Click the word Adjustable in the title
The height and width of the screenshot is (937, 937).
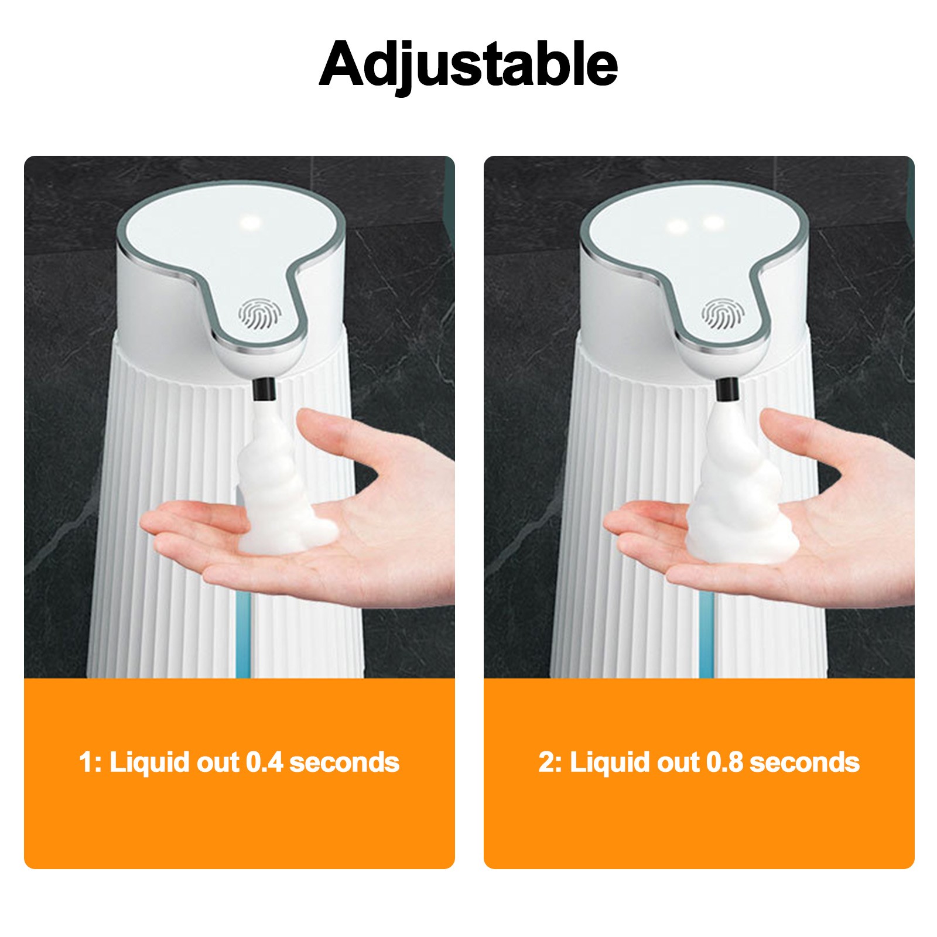(x=468, y=64)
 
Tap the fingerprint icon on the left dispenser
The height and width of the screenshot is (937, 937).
(x=259, y=314)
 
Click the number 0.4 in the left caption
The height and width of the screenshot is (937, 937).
(x=264, y=762)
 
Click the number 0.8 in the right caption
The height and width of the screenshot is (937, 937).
(x=724, y=762)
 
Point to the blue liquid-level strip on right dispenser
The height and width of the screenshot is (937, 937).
(x=707, y=635)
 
